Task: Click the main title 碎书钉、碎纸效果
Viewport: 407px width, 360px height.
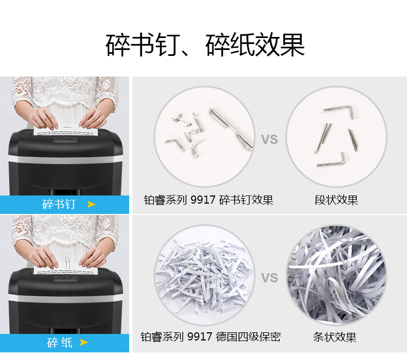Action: tap(205, 45)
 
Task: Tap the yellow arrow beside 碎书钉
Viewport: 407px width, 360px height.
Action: tap(91, 204)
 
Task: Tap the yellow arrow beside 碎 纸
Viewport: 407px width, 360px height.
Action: tap(84, 342)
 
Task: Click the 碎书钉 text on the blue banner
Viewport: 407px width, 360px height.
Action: tap(59, 204)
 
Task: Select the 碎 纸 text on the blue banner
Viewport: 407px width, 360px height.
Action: tap(60, 343)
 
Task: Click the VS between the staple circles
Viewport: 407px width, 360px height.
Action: tap(269, 139)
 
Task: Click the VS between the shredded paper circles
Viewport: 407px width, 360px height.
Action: tap(269, 277)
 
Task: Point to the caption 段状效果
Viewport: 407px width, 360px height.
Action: tap(336, 200)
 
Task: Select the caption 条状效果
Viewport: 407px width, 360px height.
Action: tap(335, 337)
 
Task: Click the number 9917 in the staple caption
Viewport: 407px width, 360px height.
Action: tap(203, 200)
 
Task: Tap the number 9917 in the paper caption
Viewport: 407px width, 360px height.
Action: tap(200, 337)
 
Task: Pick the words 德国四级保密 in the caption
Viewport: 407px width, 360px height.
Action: tap(248, 337)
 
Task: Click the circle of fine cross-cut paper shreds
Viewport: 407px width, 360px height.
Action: tap(205, 275)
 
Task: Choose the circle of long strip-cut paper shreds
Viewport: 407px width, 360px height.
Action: tap(336, 275)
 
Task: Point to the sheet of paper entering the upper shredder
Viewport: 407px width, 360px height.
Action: tap(66, 130)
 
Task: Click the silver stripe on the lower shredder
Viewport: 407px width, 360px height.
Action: tap(66, 298)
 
